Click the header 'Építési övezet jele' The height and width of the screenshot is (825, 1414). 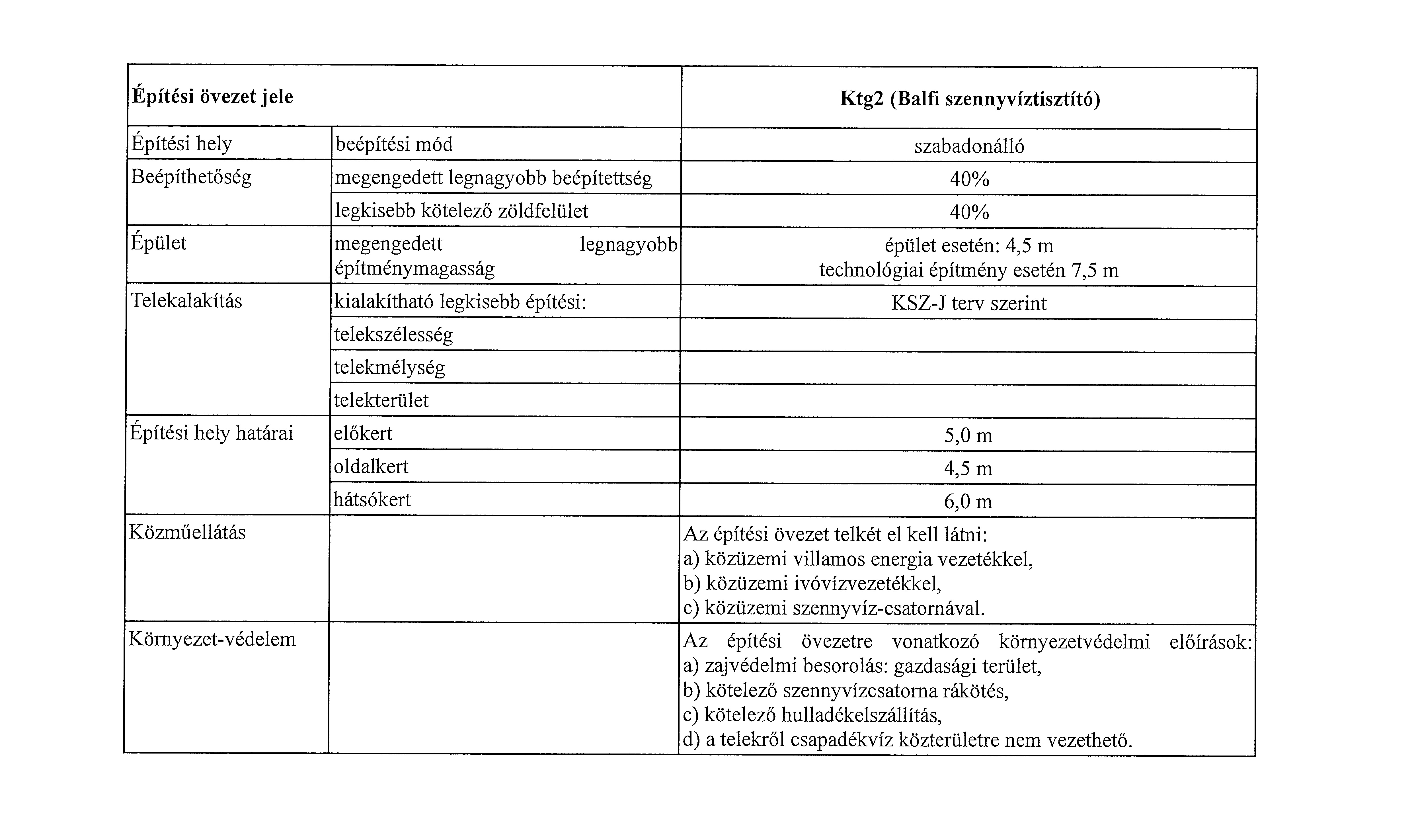point(212,97)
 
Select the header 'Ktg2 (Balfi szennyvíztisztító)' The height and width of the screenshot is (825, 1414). point(970,99)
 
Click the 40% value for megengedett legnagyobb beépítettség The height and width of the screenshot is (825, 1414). point(969,180)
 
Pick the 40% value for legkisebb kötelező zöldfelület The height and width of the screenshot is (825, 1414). point(969,212)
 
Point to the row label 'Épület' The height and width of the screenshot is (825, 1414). point(158,243)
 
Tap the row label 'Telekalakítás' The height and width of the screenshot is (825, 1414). point(186,301)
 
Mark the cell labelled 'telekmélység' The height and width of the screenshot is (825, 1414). point(389,368)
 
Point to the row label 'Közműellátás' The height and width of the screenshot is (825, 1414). point(187,532)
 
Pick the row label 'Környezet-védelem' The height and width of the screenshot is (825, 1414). point(212,639)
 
